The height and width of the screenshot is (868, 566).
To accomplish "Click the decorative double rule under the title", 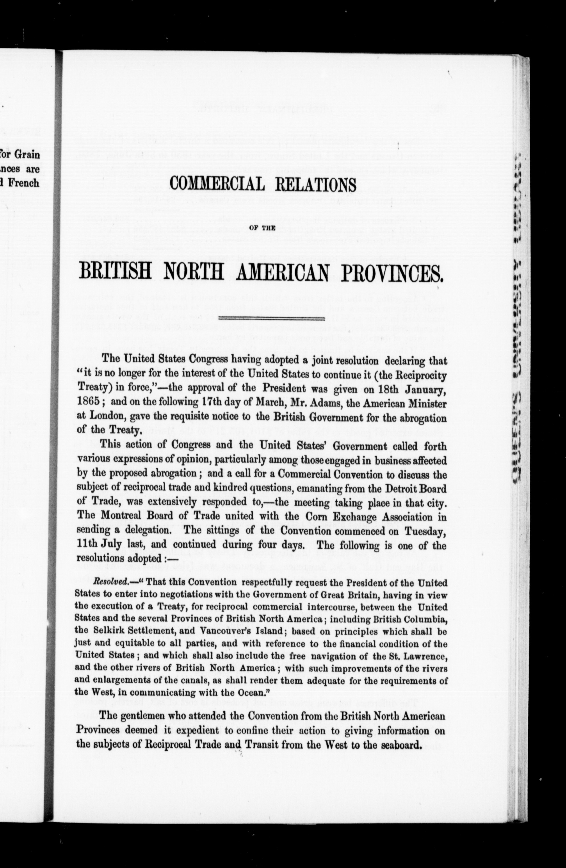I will coord(261,318).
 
